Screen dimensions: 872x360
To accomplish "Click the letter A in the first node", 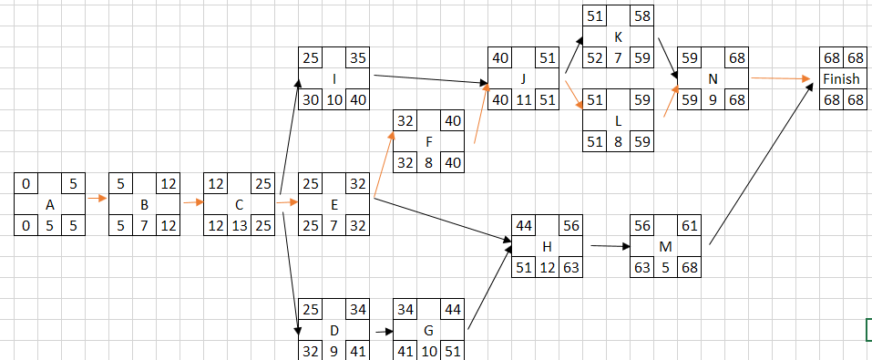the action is (49, 204).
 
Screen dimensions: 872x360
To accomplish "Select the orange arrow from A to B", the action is (97, 204).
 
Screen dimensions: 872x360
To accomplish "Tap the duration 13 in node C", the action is (239, 224).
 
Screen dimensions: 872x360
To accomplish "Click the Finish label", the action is (841, 79).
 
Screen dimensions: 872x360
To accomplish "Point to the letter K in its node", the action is (619, 36).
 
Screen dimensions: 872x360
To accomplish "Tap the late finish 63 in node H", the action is (570, 267).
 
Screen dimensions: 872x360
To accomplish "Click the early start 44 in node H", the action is (523, 225).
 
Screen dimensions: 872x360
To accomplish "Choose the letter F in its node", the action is (428, 141).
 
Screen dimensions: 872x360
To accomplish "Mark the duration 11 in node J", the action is (523, 99).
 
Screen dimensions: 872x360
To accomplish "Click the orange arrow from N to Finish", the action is (782, 79).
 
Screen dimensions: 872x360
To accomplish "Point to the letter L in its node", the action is (619, 119).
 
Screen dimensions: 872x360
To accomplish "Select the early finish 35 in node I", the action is (358, 57).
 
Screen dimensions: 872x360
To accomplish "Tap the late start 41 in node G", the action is (405, 349).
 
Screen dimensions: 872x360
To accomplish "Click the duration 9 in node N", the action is (713, 99).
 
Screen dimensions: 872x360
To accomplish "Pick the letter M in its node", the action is (665, 246).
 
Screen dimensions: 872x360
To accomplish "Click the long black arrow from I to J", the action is (428, 79).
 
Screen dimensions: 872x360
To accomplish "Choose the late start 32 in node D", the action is (310, 349).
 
